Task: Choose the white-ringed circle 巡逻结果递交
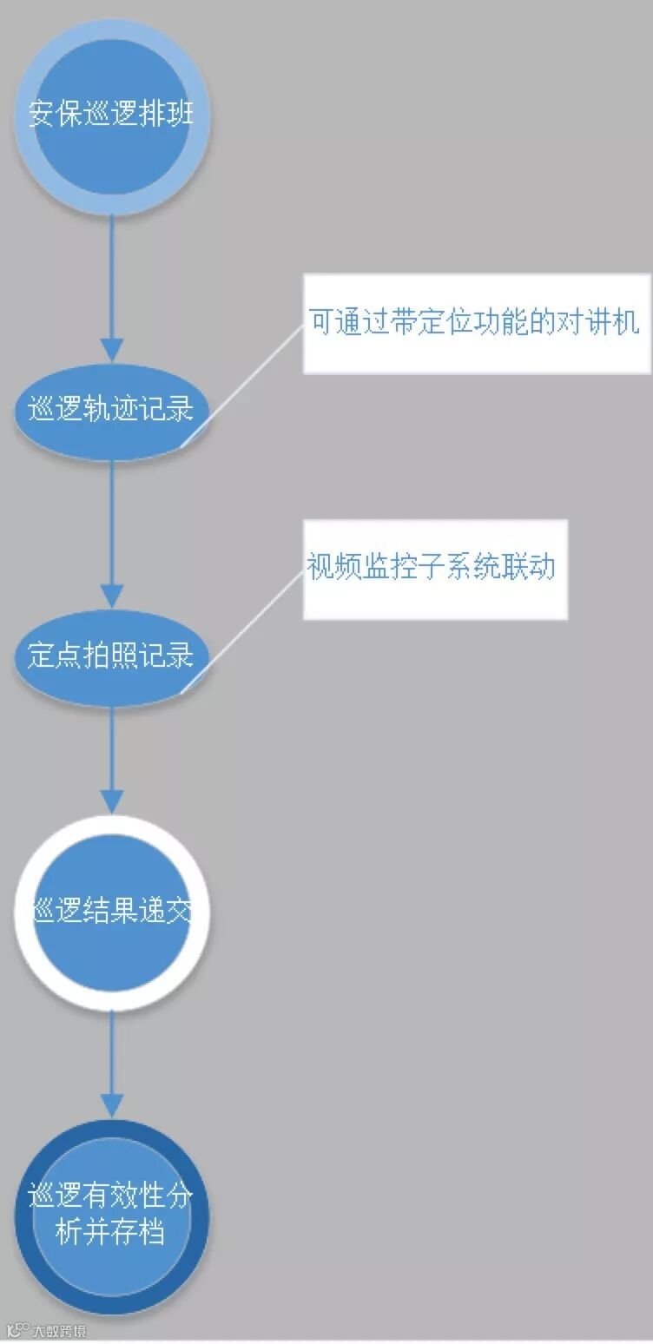[x=111, y=912]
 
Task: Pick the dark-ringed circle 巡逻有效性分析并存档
[x=111, y=1216]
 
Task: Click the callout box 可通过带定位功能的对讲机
[x=476, y=324]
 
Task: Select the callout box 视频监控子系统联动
[x=434, y=569]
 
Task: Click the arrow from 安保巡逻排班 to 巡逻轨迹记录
[x=112, y=287]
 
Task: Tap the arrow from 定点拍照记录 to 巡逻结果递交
[x=112, y=755]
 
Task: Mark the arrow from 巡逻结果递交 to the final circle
[x=112, y=1064]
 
